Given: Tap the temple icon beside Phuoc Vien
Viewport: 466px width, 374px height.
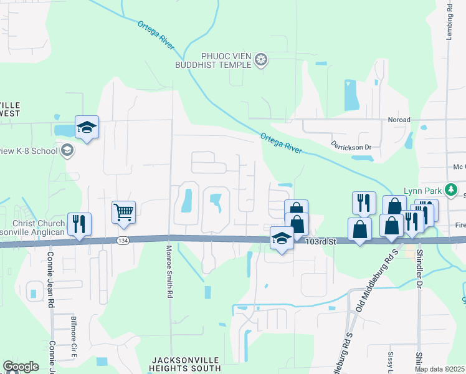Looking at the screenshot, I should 261,59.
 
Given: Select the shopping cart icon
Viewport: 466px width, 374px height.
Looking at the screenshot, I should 123,212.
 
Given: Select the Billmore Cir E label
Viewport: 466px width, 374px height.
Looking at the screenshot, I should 73,337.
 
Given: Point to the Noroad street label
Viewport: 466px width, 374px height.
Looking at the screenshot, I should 399,120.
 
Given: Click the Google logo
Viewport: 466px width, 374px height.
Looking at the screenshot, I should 21,367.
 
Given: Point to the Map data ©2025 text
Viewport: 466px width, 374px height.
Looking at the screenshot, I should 439,369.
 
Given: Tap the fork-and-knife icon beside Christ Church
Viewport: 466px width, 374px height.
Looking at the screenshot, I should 79,224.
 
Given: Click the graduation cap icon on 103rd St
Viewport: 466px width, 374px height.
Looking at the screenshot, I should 282,238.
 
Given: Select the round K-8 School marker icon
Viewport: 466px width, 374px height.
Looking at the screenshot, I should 67,150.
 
